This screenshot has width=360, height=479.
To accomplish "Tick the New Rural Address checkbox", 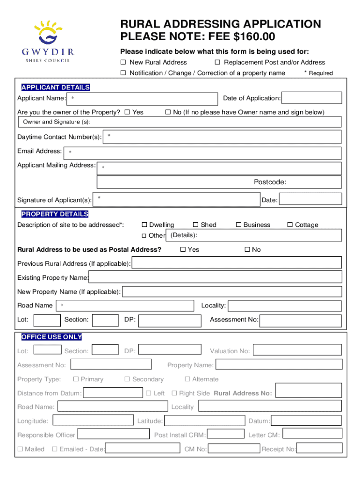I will [x=123, y=63].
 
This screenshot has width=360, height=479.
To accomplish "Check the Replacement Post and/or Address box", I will [x=217, y=63].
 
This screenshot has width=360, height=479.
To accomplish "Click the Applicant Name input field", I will [x=142, y=99].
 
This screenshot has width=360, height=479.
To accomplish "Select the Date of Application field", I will [x=312, y=98].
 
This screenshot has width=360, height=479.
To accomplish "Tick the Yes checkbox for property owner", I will [x=127, y=112].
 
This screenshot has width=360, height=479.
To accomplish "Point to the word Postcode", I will [x=270, y=182].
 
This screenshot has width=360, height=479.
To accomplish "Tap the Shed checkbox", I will [x=196, y=225].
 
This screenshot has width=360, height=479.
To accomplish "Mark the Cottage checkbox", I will [x=290, y=225].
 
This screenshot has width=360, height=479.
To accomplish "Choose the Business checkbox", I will [x=238, y=225].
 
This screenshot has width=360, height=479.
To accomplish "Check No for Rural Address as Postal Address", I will [x=247, y=250].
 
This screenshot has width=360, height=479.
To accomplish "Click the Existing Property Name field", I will [x=215, y=278].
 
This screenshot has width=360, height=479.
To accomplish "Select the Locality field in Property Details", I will [x=284, y=306].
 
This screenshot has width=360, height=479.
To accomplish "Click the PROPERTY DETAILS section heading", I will [x=55, y=214].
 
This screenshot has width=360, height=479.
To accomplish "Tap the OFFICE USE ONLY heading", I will [x=51, y=337].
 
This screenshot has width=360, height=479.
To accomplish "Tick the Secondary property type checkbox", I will [x=127, y=379].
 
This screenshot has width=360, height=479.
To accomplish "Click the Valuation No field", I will [x=297, y=351].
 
